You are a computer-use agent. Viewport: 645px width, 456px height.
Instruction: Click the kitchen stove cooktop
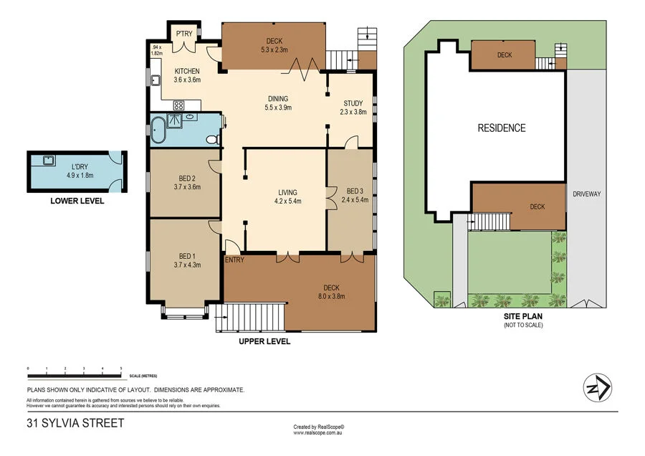click(178, 105)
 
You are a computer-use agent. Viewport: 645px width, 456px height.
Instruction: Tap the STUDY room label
click(353, 103)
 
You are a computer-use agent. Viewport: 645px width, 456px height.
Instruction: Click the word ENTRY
click(234, 260)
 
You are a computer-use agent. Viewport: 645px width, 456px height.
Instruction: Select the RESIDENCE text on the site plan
click(502, 128)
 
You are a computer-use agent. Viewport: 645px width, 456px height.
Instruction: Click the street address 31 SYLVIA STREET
click(75, 423)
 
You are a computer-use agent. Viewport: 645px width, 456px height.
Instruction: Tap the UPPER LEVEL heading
click(264, 342)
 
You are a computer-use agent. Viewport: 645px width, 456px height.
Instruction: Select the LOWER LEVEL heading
click(77, 201)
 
